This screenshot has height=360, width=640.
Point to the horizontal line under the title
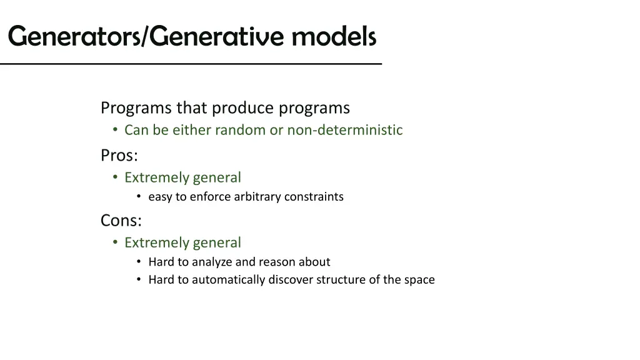coord(191,64)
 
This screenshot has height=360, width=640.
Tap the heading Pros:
coord(119,155)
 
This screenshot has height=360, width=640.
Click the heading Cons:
coord(121,220)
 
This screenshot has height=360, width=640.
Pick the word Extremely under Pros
coord(156,177)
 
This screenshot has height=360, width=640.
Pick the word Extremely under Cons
coord(156,242)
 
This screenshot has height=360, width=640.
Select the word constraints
coord(314,197)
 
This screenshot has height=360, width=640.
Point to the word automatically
coord(228,280)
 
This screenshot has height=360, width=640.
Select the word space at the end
coord(419,280)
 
